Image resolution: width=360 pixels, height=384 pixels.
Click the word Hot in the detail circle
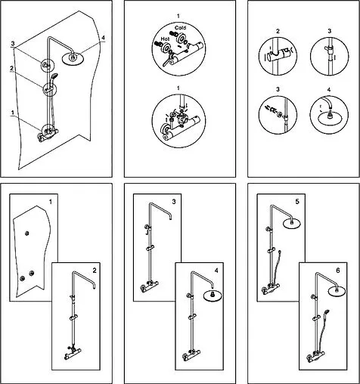pyautogui.click(x=165, y=39)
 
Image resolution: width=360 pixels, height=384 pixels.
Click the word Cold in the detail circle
pyautogui.click(x=180, y=27)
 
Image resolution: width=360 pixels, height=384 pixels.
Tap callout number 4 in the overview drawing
pyautogui.click(x=103, y=38)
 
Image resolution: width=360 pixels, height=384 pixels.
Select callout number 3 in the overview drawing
pyautogui.click(x=13, y=43)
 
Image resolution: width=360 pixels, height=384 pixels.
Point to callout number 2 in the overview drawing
pyautogui.click(x=11, y=68)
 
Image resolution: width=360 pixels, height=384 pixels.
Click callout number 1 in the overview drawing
pyautogui.click(x=13, y=113)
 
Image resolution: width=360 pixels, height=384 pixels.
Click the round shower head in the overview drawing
pyautogui.click(x=73, y=59)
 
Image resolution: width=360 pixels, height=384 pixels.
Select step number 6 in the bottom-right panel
pyautogui.click(x=338, y=271)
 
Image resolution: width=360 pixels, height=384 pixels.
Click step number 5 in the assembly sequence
pyautogui.click(x=297, y=202)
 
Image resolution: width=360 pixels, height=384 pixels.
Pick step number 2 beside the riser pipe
pyautogui.click(x=95, y=271)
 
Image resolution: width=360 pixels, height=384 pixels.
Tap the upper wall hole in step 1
pyautogui.click(x=27, y=234)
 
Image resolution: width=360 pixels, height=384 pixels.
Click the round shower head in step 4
pyautogui.click(x=213, y=296)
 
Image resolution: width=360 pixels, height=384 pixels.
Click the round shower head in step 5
pyautogui.click(x=292, y=223)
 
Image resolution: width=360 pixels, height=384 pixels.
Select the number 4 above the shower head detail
pyautogui.click(x=329, y=89)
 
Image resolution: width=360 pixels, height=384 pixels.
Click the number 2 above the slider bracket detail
pyautogui.click(x=278, y=31)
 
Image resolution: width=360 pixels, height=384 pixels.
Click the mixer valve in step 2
pyautogui.click(x=73, y=353)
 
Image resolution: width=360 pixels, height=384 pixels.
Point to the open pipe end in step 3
pyautogui.click(x=171, y=218)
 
